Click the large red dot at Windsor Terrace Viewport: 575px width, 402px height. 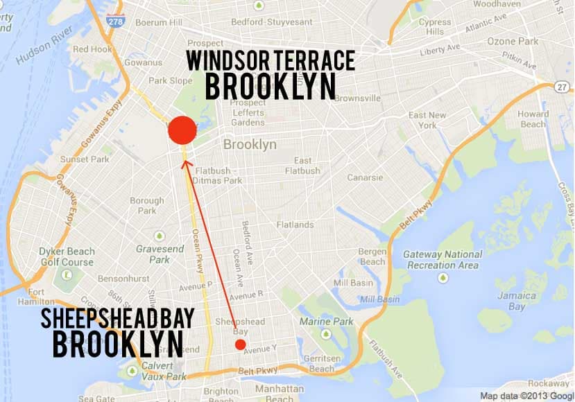click(x=183, y=130)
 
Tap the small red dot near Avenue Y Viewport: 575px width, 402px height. click(x=240, y=344)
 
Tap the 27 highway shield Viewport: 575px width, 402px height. click(x=561, y=86)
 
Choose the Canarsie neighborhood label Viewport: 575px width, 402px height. click(x=366, y=177)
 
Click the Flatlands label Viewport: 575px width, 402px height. click(x=295, y=225)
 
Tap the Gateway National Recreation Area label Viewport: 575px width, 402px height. click(x=441, y=259)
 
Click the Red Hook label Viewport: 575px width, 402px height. click(x=92, y=49)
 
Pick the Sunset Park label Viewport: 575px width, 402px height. click(x=85, y=159)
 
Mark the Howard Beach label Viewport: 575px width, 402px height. click(x=533, y=119)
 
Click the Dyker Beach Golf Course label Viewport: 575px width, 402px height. click(x=67, y=257)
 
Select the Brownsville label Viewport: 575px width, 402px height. click(x=357, y=98)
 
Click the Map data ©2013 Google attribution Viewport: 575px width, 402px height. click(x=526, y=395)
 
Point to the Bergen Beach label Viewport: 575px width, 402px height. click(x=372, y=256)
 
